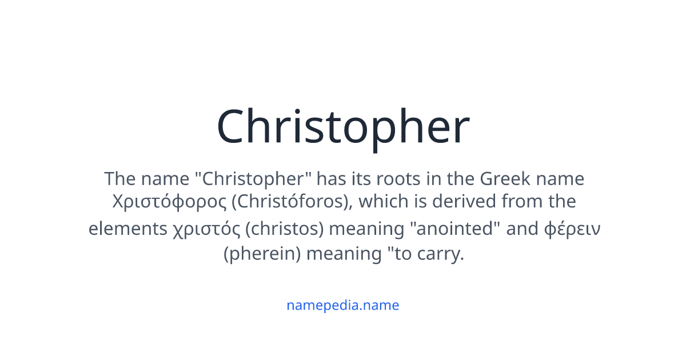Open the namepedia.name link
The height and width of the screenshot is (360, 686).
click(x=343, y=305)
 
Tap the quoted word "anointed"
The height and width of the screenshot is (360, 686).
click(x=455, y=229)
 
